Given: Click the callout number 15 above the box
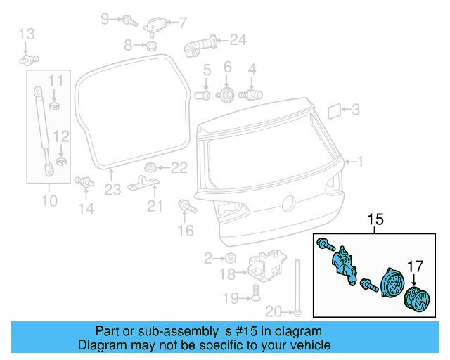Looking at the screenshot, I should (376, 221).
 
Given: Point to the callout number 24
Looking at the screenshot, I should (238, 39).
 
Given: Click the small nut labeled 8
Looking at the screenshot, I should (150, 47).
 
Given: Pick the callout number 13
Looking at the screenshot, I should (25, 33).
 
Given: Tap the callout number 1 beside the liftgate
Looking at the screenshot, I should (361, 162).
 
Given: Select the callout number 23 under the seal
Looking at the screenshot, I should (113, 188).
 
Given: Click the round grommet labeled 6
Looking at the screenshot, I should (227, 95).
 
